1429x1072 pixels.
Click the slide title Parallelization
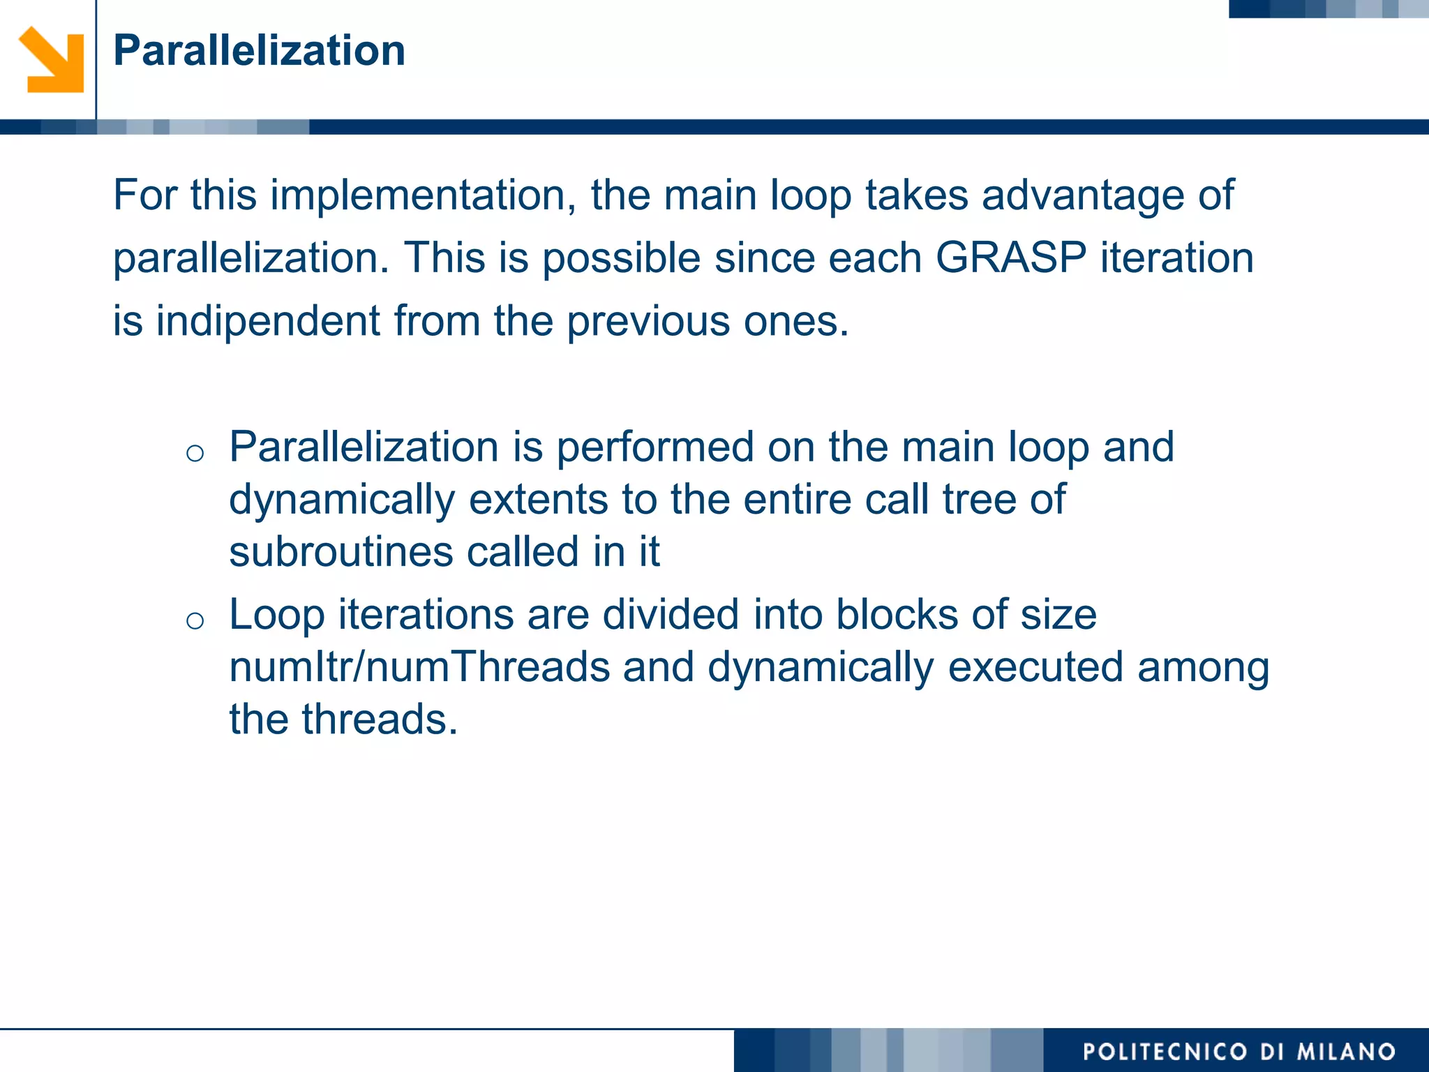259,51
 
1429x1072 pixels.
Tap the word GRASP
1010,258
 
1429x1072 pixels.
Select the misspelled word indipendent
268,321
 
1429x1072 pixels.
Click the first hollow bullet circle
195,454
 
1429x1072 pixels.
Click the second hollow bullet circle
195,620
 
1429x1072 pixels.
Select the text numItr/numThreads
420,667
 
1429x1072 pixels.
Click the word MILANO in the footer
1346,1052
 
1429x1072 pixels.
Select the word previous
648,321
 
